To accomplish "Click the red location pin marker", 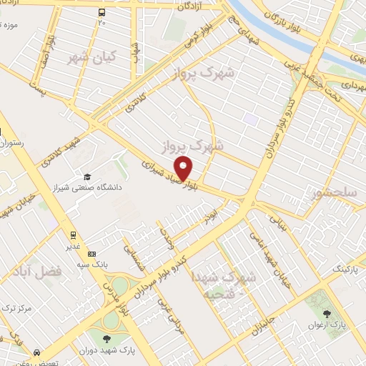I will click(184, 169).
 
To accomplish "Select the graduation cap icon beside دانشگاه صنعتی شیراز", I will click(87, 177).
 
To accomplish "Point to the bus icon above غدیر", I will click(74, 235).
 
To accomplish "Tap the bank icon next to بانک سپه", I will click(91, 254).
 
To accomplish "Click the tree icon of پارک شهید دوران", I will click(107, 339).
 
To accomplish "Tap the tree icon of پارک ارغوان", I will click(329, 313).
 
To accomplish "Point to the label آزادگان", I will click(202, 6).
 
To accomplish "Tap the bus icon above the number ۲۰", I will click(102, 12).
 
